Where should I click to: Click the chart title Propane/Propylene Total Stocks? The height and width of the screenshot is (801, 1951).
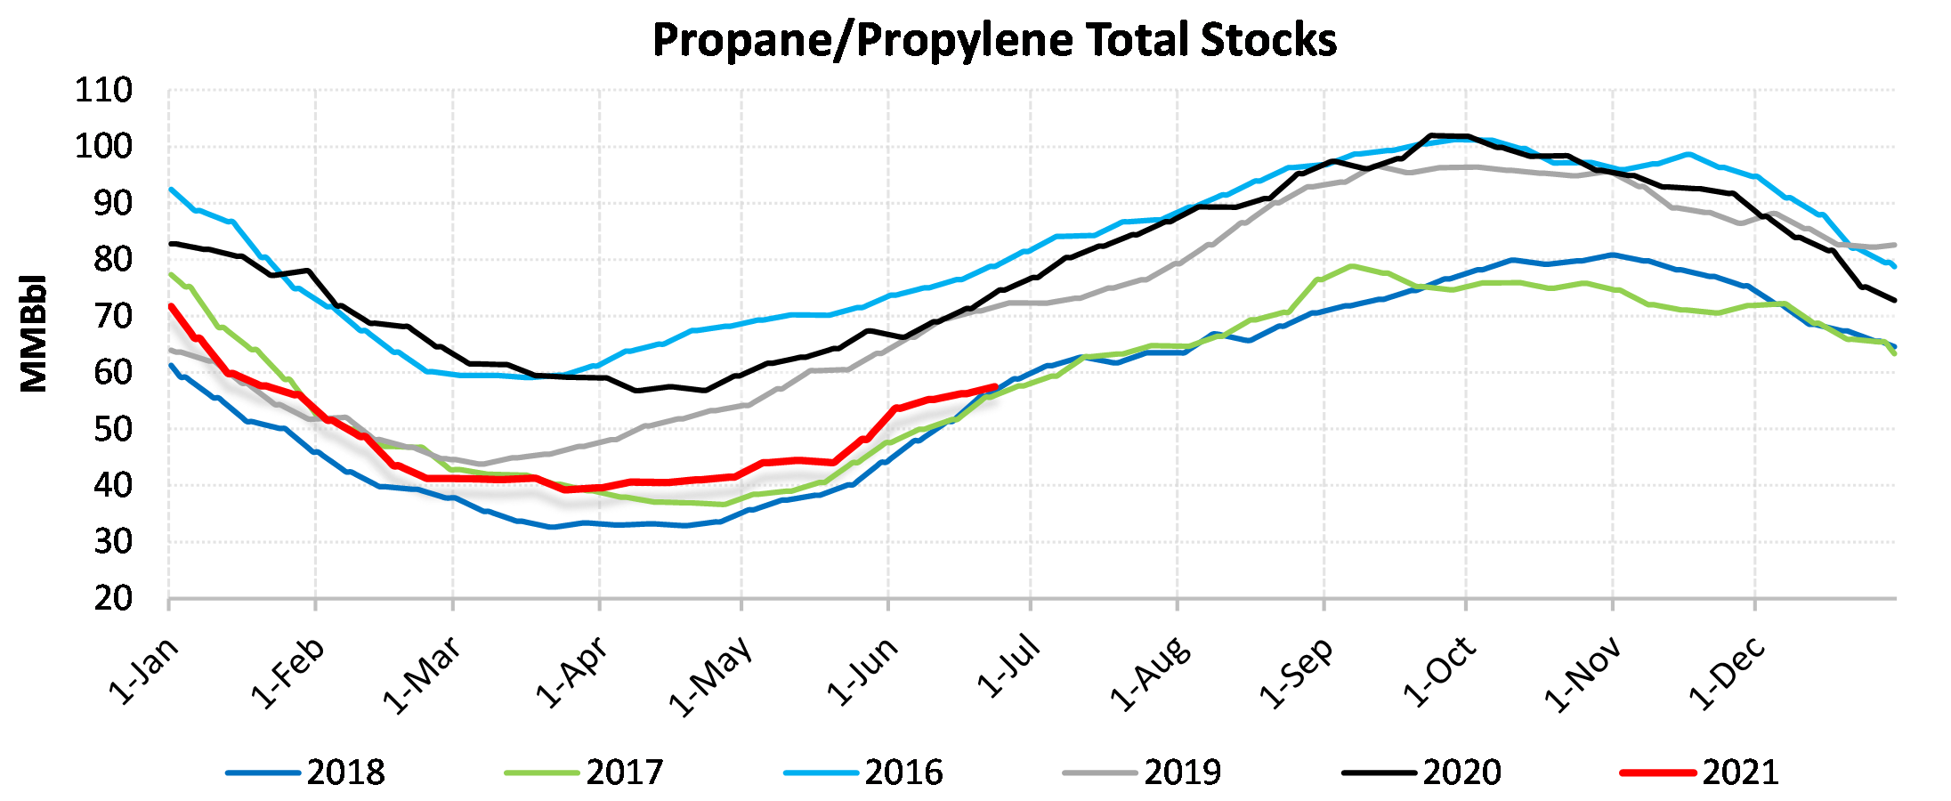(x=994, y=40)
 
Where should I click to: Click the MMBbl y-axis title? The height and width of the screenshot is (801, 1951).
(x=34, y=334)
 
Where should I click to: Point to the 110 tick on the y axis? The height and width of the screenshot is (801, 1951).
(x=103, y=91)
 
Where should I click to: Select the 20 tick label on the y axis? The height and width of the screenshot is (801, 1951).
(x=113, y=599)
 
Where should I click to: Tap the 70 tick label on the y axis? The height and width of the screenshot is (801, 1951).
(x=113, y=317)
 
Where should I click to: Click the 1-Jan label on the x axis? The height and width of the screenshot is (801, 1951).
(x=144, y=672)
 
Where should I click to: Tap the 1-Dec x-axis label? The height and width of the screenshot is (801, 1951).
(x=1728, y=674)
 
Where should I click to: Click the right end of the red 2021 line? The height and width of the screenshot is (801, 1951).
(x=995, y=386)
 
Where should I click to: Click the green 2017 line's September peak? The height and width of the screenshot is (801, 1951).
(x=1352, y=265)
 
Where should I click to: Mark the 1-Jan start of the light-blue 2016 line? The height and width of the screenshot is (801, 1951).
(x=171, y=189)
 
